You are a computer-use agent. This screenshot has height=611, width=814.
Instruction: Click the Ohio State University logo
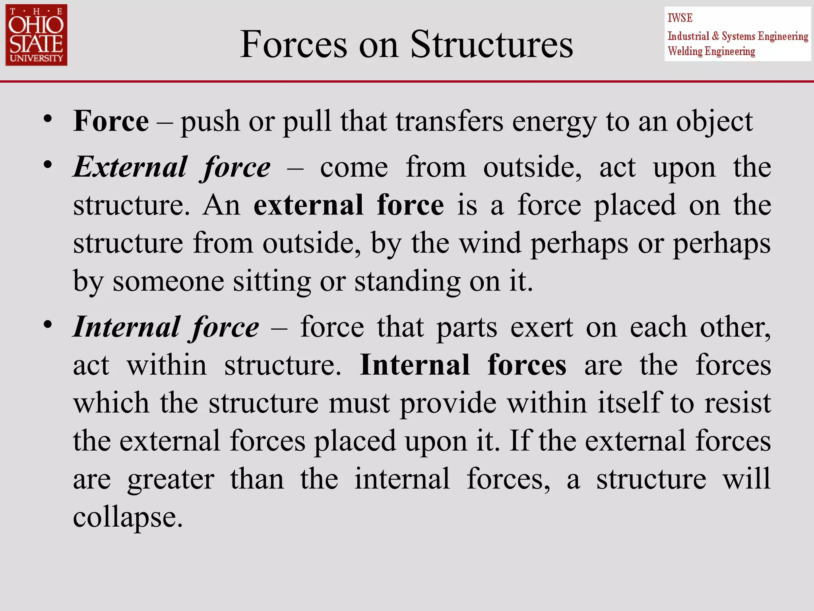(x=36, y=35)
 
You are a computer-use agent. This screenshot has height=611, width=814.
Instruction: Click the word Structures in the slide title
(x=492, y=45)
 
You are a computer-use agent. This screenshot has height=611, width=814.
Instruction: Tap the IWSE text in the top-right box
(x=680, y=18)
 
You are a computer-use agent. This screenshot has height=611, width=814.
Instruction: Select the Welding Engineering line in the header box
(x=711, y=51)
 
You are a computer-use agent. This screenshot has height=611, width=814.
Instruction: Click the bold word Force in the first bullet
(x=111, y=121)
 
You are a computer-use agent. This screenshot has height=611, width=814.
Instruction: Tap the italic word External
(x=130, y=167)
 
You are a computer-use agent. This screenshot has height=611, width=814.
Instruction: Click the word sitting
(x=272, y=282)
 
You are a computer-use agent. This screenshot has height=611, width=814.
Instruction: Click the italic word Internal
(x=126, y=327)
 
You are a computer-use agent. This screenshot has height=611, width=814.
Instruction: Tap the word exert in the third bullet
(x=542, y=327)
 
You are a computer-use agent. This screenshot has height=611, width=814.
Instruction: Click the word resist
(x=738, y=403)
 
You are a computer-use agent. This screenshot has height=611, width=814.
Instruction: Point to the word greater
(x=171, y=479)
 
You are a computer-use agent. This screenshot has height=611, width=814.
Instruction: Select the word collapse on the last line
(x=128, y=518)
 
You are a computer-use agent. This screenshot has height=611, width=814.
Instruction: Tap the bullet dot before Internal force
(x=48, y=325)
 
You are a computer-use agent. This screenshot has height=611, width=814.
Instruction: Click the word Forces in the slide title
(x=294, y=45)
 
